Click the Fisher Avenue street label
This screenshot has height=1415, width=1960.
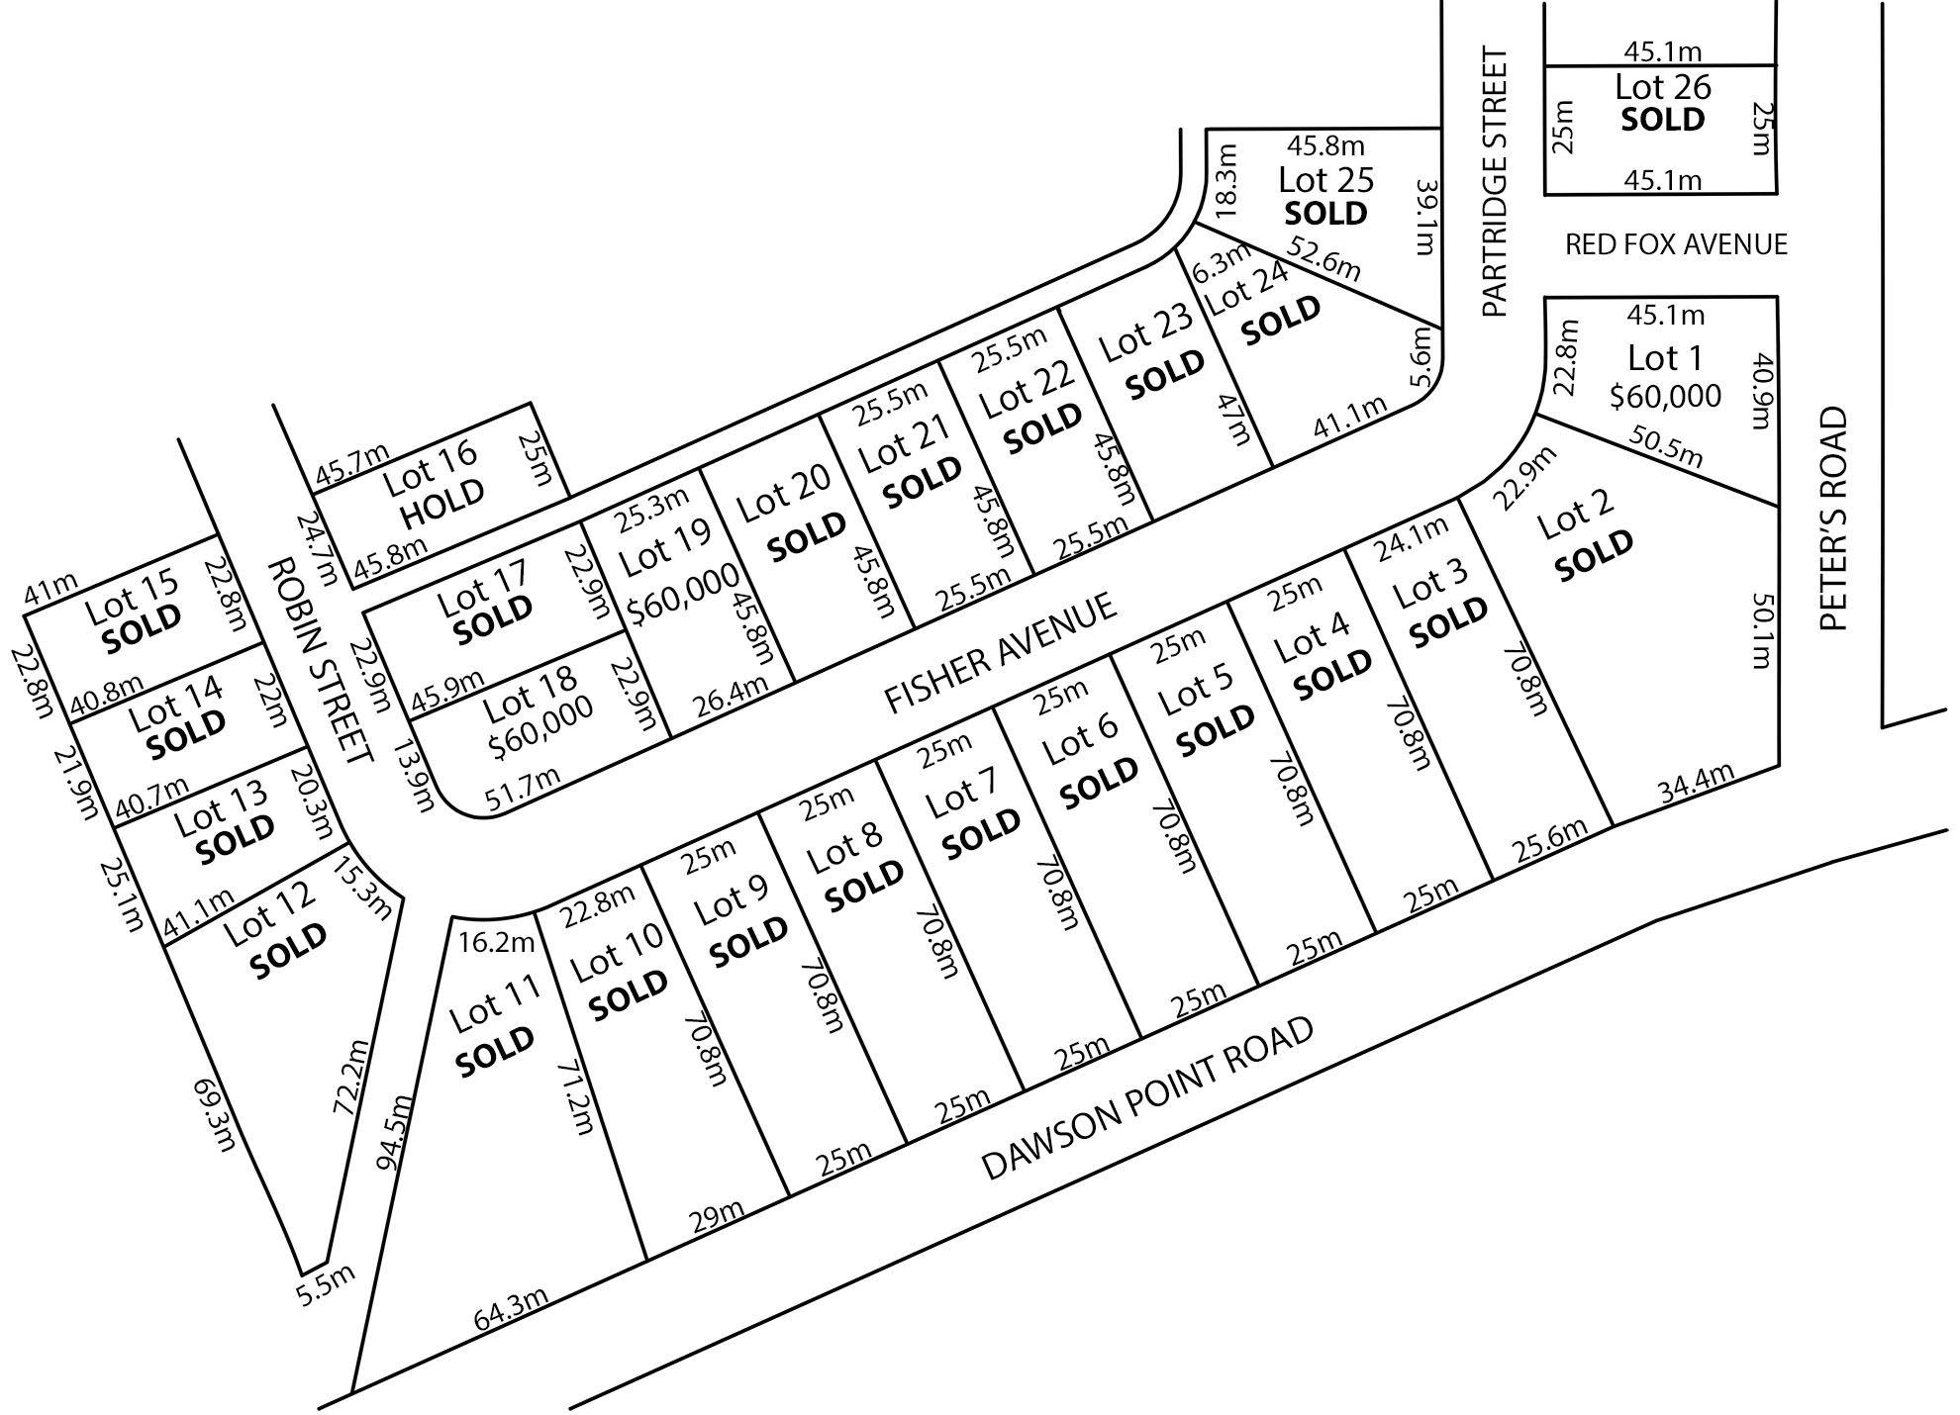[x=1001, y=652]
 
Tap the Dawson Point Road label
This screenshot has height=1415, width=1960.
[x=1147, y=1098]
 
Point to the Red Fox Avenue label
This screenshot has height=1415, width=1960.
[x=1676, y=244]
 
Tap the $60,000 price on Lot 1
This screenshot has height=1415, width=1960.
[x=1665, y=397]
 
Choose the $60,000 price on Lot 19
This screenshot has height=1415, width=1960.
[x=683, y=593]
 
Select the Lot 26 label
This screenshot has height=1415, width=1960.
[x=1663, y=87]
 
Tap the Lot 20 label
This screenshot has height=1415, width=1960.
[x=784, y=493]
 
